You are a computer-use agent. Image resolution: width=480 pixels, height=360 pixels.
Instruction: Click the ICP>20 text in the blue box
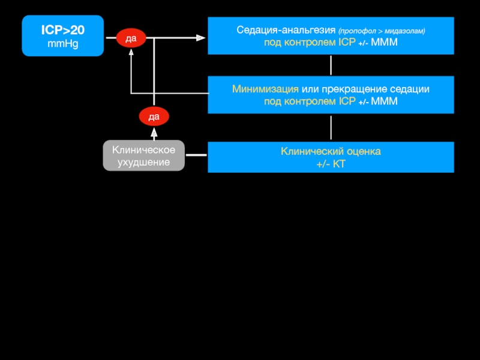click(x=62, y=29)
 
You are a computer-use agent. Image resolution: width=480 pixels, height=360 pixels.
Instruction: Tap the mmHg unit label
click(x=62, y=44)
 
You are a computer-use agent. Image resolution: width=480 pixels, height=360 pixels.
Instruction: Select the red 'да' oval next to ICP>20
click(x=131, y=38)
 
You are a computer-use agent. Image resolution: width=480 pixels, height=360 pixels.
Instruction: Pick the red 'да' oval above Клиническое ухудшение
click(x=154, y=115)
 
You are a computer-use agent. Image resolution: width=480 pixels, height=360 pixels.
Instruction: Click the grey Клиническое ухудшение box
click(x=143, y=156)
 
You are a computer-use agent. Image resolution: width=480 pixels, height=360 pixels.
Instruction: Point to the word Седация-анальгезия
click(x=286, y=30)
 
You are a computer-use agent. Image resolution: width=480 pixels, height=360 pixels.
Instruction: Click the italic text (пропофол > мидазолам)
click(x=382, y=31)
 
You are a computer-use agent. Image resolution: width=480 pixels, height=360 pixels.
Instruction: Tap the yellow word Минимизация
click(x=266, y=89)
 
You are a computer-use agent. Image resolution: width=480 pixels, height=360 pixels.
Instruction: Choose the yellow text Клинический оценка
click(x=331, y=151)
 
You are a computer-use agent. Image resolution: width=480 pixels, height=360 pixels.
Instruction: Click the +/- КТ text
click(x=331, y=163)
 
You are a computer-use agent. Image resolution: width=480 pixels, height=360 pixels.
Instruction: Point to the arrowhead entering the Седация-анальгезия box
click(x=202, y=38)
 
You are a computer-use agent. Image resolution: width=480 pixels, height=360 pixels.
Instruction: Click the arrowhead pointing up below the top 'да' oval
click(x=131, y=51)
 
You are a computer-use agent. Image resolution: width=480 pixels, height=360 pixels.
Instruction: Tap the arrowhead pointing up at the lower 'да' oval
click(x=154, y=131)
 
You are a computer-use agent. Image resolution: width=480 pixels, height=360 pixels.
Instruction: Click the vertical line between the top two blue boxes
click(x=331, y=65)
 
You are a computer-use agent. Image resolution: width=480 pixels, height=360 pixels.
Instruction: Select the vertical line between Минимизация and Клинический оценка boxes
click(x=331, y=128)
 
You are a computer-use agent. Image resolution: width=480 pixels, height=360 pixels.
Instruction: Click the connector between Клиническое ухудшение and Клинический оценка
click(x=196, y=157)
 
